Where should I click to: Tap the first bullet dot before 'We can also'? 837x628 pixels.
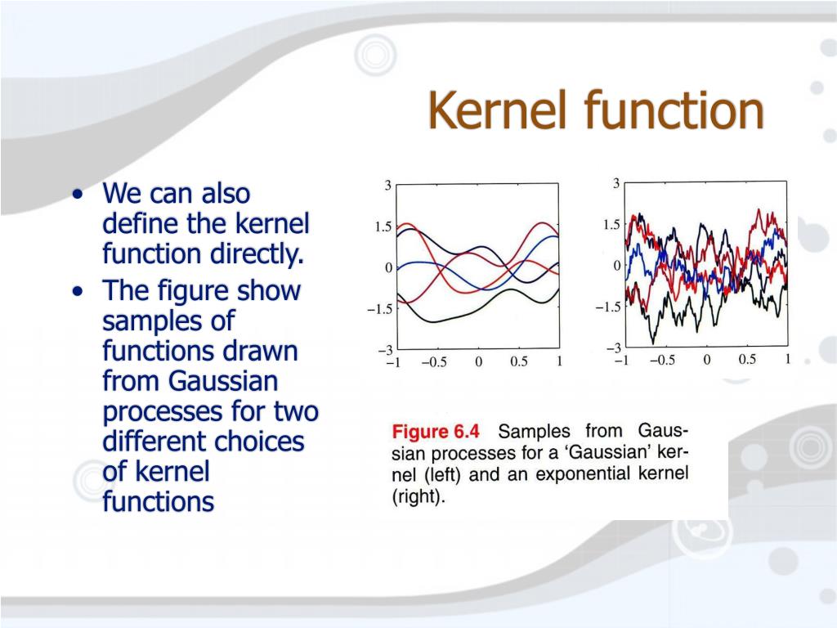tap(77, 196)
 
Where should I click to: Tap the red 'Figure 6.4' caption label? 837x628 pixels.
tap(437, 432)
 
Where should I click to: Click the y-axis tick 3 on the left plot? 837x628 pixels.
tap(387, 186)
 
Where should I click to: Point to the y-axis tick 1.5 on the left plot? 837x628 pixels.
tap(383, 227)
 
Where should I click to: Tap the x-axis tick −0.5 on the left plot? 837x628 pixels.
tap(435, 363)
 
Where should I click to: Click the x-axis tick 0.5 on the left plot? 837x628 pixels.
tap(519, 363)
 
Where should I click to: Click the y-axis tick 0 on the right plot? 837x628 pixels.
tap(616, 266)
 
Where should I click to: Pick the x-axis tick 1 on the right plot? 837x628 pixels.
tap(787, 360)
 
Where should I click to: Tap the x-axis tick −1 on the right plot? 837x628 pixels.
tap(620, 361)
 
